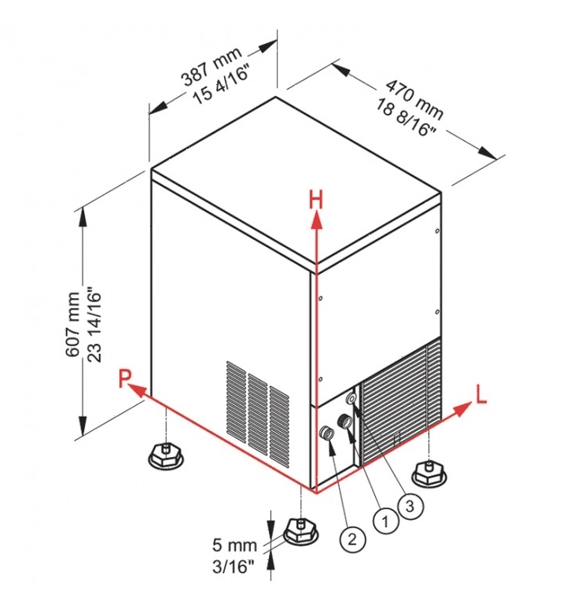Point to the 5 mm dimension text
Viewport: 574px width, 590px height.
(234, 543)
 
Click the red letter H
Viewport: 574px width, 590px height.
(315, 200)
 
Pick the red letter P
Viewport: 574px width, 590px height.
(125, 380)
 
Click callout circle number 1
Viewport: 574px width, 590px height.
(385, 520)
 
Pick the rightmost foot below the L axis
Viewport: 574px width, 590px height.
(429, 472)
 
